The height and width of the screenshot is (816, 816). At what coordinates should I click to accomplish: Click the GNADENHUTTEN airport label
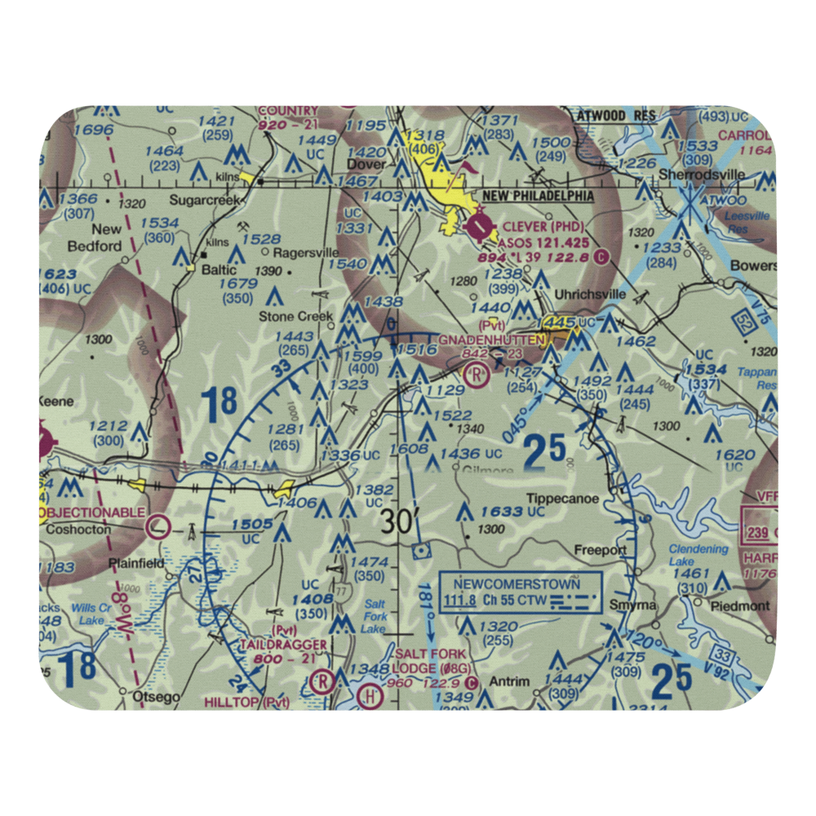(492, 339)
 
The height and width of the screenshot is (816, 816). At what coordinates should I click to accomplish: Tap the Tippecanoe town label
(562, 499)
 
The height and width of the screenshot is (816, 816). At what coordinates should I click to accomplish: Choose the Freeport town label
(600, 550)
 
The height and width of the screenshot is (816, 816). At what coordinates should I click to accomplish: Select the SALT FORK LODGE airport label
(431, 661)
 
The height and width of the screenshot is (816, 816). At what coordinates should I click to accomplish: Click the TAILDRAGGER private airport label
(283, 645)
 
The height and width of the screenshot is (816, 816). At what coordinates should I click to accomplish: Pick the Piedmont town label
(740, 606)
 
